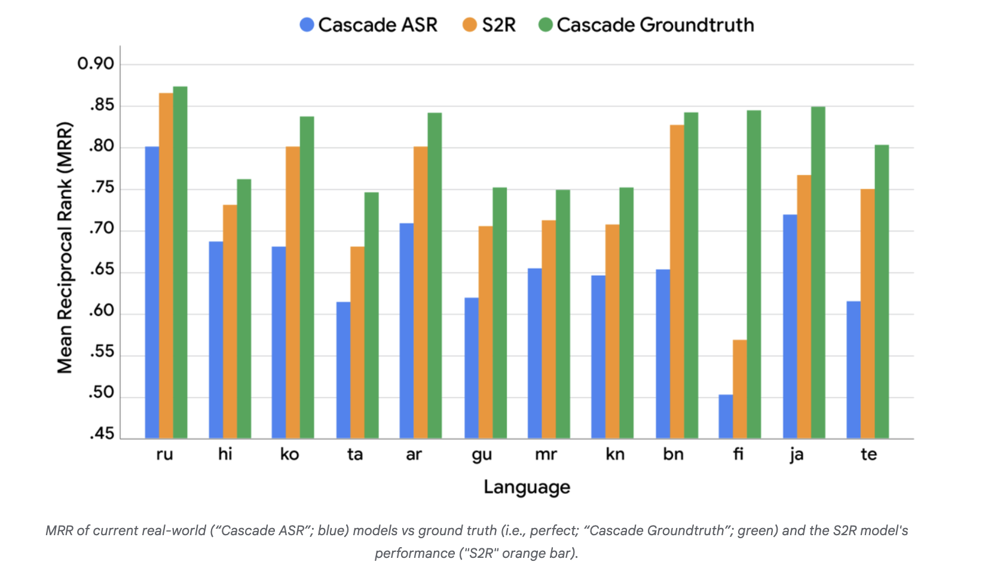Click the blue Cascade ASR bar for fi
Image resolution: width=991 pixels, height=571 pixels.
pos(726,416)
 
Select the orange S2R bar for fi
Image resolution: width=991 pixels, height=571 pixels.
pos(740,389)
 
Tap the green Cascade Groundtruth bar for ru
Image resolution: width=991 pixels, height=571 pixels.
pos(180,263)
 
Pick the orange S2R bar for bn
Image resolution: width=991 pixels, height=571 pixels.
pos(677,281)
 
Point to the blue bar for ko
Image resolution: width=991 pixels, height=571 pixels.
pos(279,342)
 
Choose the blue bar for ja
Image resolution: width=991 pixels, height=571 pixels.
pos(790,326)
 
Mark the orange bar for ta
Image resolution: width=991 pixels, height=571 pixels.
pos(357,342)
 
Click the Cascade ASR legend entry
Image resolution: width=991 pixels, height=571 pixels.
pos(369,24)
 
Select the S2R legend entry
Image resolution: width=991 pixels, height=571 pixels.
pos(490,24)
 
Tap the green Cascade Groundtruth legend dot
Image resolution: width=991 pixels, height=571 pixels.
pos(545,24)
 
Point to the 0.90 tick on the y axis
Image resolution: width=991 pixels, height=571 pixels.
pos(96,63)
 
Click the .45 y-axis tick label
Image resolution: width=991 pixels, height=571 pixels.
pos(102,434)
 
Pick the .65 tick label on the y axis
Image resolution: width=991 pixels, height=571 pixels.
pos(102,269)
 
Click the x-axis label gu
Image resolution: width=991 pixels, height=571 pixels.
pos(482,455)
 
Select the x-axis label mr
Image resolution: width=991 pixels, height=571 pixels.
pos(546,455)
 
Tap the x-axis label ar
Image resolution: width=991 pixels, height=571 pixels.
pos(414,455)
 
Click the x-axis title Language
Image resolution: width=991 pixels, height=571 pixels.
pos(527,487)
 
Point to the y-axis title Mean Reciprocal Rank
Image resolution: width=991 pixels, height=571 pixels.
pos(65,247)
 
